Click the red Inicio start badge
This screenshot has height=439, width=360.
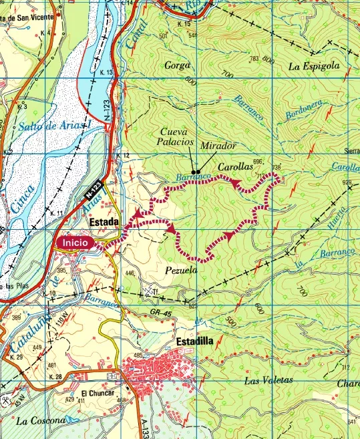(75, 244)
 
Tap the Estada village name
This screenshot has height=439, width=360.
(104, 222)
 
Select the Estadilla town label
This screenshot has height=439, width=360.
(194, 341)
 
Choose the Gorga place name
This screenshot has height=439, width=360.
(177, 65)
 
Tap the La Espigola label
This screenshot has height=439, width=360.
(314, 67)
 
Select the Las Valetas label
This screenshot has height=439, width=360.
(268, 380)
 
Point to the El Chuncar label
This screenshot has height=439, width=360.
(96, 394)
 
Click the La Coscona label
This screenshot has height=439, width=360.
(41, 421)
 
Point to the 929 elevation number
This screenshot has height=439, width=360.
(346, 182)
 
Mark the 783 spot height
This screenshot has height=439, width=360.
(254, 59)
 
